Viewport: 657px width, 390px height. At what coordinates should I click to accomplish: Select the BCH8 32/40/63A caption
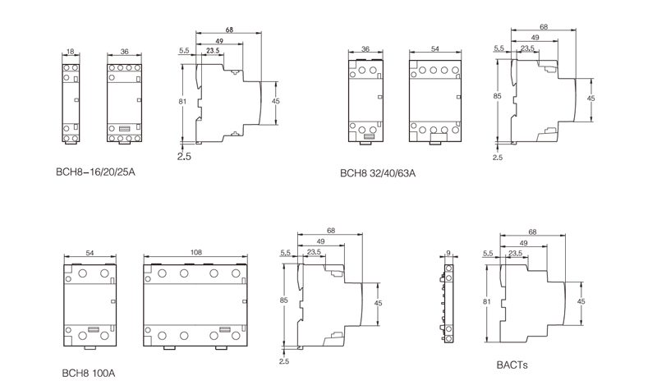pyautogui.click(x=378, y=173)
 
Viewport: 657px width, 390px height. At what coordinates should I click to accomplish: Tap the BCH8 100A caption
pyautogui.click(x=89, y=372)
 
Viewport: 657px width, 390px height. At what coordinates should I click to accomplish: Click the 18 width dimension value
pyautogui.click(x=71, y=51)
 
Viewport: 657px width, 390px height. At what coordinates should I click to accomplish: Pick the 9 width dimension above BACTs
pyautogui.click(x=448, y=254)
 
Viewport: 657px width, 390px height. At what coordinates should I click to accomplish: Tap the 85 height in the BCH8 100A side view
pyautogui.click(x=283, y=301)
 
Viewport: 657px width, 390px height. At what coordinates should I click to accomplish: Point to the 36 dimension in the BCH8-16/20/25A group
pyautogui.click(x=124, y=51)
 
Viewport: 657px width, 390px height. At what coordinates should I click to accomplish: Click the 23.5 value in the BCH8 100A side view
pyautogui.click(x=314, y=252)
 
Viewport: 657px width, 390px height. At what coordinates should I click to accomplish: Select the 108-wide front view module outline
pyautogui.click(x=197, y=301)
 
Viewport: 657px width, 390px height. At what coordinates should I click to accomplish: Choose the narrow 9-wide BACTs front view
pyautogui.click(x=448, y=302)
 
